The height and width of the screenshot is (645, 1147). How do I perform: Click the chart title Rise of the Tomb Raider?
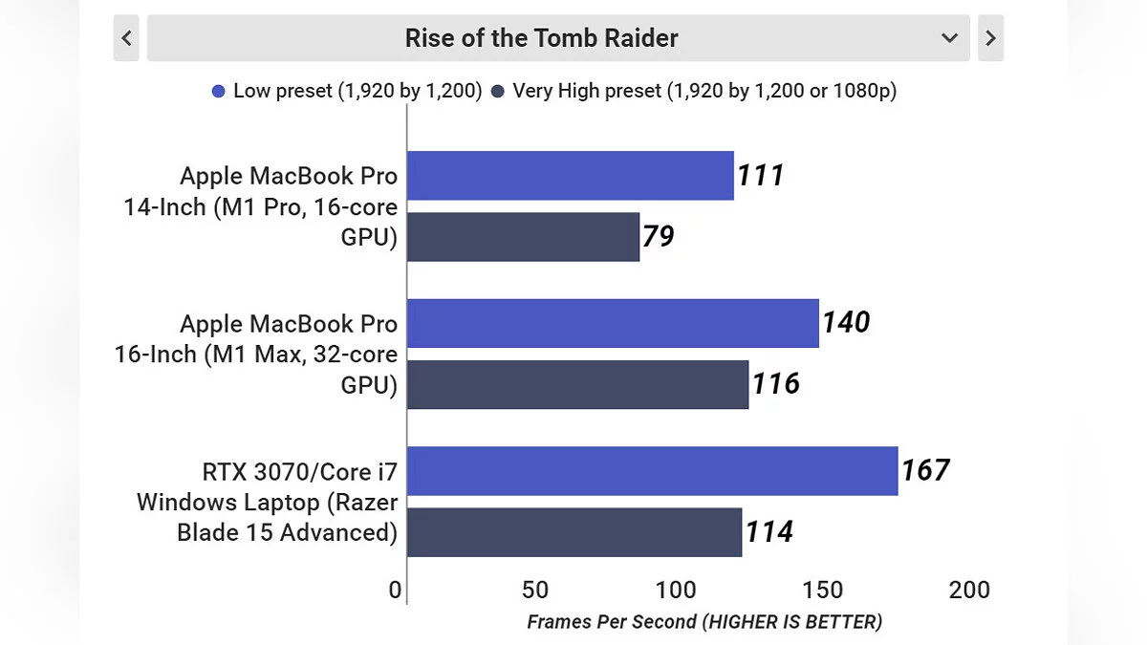(541, 38)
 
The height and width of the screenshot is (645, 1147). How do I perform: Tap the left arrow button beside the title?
(126, 38)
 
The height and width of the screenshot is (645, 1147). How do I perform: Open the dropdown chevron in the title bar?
(949, 38)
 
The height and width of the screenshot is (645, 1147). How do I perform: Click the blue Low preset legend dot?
(219, 92)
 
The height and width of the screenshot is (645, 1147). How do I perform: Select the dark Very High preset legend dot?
(498, 92)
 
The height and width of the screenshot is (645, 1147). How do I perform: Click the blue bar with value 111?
(571, 176)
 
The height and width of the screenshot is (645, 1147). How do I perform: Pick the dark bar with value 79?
(523, 237)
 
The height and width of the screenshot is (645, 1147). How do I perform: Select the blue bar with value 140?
(613, 323)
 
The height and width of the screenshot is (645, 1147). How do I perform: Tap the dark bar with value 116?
(577, 384)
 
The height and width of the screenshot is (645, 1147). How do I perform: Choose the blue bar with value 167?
(652, 471)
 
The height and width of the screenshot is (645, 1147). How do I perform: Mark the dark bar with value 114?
(574, 532)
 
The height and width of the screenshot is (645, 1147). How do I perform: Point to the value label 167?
(925, 470)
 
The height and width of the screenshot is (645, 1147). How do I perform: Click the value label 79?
(659, 236)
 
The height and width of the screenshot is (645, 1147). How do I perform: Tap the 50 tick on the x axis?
(536, 590)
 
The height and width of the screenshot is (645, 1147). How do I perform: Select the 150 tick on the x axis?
(825, 590)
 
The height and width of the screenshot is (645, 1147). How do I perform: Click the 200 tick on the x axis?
(969, 590)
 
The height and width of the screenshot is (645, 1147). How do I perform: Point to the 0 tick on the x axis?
(396, 590)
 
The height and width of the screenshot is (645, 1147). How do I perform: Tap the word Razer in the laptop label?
(367, 502)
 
